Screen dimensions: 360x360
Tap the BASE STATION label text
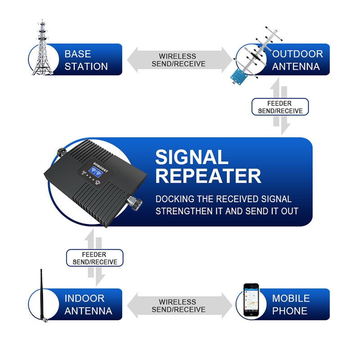click(86, 60)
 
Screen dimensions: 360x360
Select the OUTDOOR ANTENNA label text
click(297, 60)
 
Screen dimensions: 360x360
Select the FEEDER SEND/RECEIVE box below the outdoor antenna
click(279, 107)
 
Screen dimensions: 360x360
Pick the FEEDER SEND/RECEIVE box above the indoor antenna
click(94, 258)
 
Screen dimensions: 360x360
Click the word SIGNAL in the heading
click(192, 157)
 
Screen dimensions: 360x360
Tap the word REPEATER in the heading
click(208, 176)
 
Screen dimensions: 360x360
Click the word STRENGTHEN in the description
click(186, 211)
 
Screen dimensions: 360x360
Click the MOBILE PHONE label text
click(291, 304)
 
